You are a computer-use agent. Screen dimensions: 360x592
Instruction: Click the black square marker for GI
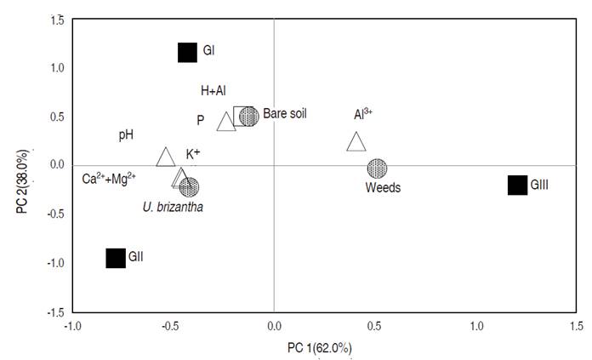coord(187,53)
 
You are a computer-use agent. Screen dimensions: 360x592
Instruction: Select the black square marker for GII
coord(116,258)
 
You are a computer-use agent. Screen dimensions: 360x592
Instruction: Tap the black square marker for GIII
coord(517,185)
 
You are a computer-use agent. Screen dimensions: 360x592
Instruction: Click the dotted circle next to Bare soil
coord(248,116)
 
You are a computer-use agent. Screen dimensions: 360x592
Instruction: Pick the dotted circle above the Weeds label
coord(377,169)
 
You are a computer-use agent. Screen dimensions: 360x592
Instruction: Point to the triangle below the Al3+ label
coord(356,143)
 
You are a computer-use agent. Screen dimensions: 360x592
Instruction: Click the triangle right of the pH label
coord(166,157)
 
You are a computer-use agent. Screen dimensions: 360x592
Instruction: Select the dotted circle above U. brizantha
coord(189,186)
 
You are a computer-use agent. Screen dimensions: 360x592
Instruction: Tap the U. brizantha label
coord(174,206)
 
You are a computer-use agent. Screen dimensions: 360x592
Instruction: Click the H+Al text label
coord(213,90)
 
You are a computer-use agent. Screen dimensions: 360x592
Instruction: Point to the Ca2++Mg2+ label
coord(109,179)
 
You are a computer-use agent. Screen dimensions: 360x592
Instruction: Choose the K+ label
coord(193,154)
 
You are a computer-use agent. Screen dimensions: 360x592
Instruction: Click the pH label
coord(126,134)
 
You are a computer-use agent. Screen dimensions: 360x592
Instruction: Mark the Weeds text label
coord(383,187)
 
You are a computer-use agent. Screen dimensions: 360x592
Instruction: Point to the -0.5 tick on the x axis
coord(173,326)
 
